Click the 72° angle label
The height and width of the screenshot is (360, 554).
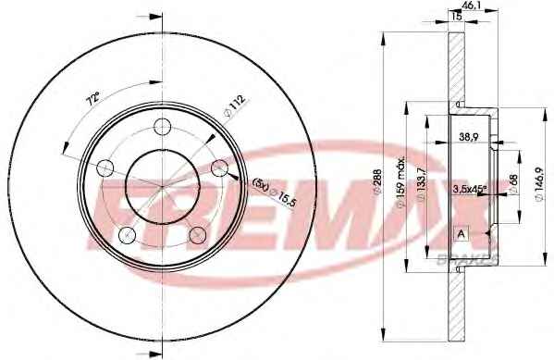(x=93, y=99)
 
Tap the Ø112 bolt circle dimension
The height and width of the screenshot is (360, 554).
(x=235, y=106)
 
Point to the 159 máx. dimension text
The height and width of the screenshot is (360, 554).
(x=401, y=183)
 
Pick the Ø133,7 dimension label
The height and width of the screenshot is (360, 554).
(x=421, y=183)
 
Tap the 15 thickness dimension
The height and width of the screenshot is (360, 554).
(x=457, y=16)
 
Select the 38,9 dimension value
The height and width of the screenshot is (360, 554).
(x=469, y=137)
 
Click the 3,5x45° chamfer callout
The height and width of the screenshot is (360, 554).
(x=470, y=190)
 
